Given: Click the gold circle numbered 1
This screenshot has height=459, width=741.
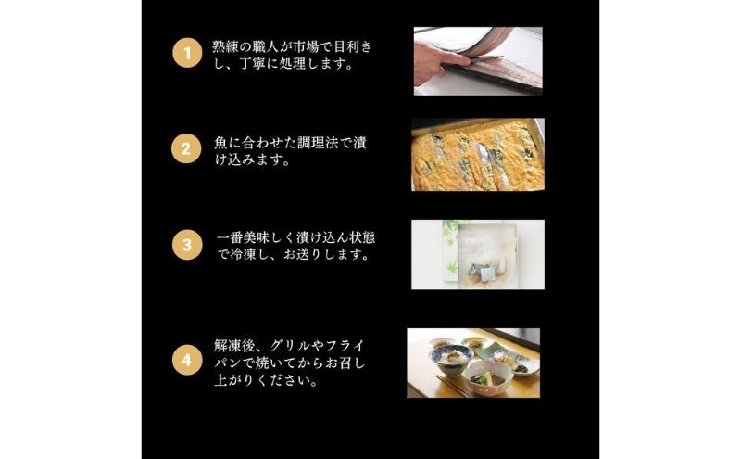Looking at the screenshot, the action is (187, 53).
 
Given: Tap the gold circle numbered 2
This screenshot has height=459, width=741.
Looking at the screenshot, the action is (186, 148).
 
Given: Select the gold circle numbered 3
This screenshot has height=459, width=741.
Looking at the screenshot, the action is (187, 245).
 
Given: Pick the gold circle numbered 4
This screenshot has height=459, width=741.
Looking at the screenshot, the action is (187, 360).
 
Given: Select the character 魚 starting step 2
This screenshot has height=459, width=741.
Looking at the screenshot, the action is (220, 143).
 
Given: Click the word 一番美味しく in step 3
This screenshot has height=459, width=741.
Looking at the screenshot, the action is (257, 237).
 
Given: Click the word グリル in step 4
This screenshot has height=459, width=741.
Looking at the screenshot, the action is (290, 346).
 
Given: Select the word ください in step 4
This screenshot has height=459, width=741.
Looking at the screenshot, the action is (284, 381).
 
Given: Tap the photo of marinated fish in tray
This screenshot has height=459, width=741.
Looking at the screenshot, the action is (478, 154).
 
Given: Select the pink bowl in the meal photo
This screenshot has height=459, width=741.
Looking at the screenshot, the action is (488, 377).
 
